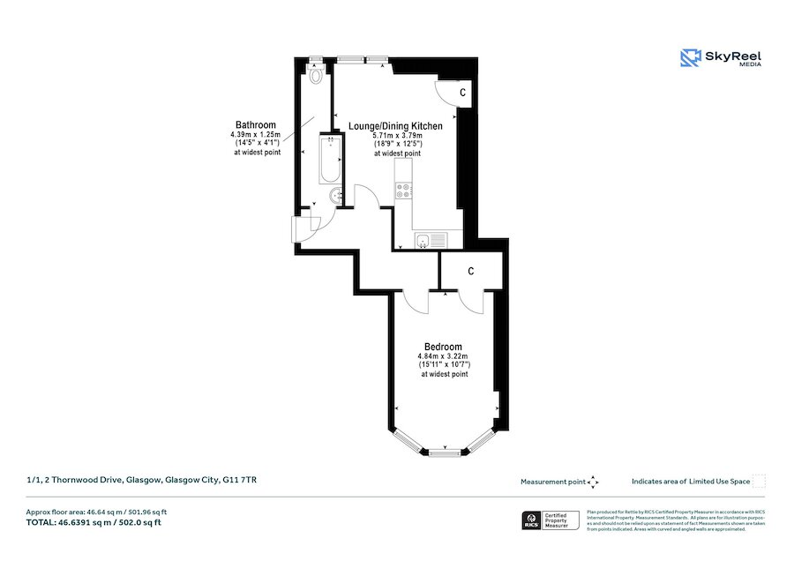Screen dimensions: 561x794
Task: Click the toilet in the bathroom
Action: pyautogui.click(x=316, y=75)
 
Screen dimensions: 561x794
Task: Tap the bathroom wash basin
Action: pyautogui.click(x=336, y=196)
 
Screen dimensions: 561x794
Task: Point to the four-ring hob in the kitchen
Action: pyautogui.click(x=403, y=188)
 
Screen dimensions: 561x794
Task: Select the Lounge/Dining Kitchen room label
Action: pyautogui.click(x=395, y=126)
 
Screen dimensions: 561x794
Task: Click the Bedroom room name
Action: pyautogui.click(x=443, y=347)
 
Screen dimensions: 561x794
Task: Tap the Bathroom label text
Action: pyautogui.click(x=255, y=125)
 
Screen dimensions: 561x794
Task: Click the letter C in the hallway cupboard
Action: pyautogui.click(x=472, y=271)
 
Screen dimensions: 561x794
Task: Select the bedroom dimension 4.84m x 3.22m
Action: pyautogui.click(x=443, y=356)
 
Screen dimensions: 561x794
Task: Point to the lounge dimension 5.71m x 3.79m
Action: pyautogui.click(x=396, y=136)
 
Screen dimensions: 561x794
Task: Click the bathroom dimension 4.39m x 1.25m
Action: pyautogui.click(x=255, y=135)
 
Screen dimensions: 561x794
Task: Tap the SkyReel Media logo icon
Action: pyautogui.click(x=690, y=58)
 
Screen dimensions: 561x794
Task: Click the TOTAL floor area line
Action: pyautogui.click(x=94, y=522)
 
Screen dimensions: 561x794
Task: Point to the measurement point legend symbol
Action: pyautogui.click(x=593, y=482)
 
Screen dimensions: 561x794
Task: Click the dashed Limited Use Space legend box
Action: pyautogui.click(x=759, y=482)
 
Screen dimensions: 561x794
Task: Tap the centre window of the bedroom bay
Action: pyautogui.click(x=446, y=452)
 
